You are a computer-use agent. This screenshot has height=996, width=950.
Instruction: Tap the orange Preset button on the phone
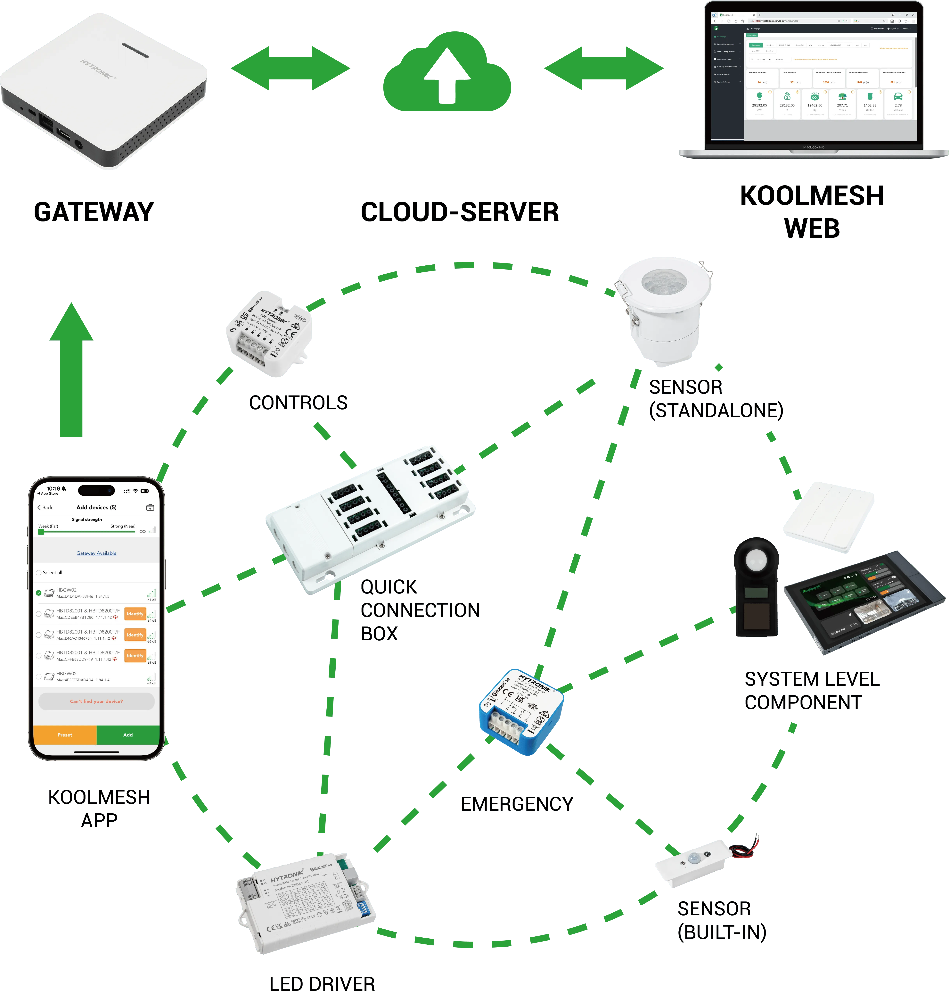(65, 735)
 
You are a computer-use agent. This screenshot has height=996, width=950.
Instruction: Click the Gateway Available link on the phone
(96, 553)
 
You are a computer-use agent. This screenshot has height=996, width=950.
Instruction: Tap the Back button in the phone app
(45, 507)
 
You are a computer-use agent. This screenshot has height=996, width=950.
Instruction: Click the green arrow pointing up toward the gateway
(71, 370)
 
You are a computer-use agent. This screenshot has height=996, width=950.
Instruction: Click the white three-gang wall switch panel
(828, 517)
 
